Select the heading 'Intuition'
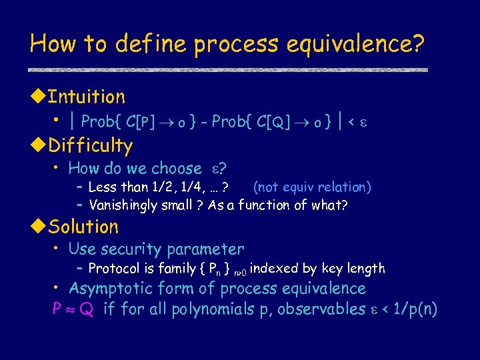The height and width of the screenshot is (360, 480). pyautogui.click(x=87, y=97)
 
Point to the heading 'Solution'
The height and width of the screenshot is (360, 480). pyautogui.click(x=83, y=227)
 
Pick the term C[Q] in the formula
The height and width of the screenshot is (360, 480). pyautogui.click(x=274, y=121)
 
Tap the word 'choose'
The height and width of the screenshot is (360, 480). pyautogui.click(x=177, y=169)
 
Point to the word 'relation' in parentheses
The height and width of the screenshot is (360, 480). pyautogui.click(x=342, y=187)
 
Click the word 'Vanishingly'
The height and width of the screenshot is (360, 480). pyautogui.click(x=123, y=205)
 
